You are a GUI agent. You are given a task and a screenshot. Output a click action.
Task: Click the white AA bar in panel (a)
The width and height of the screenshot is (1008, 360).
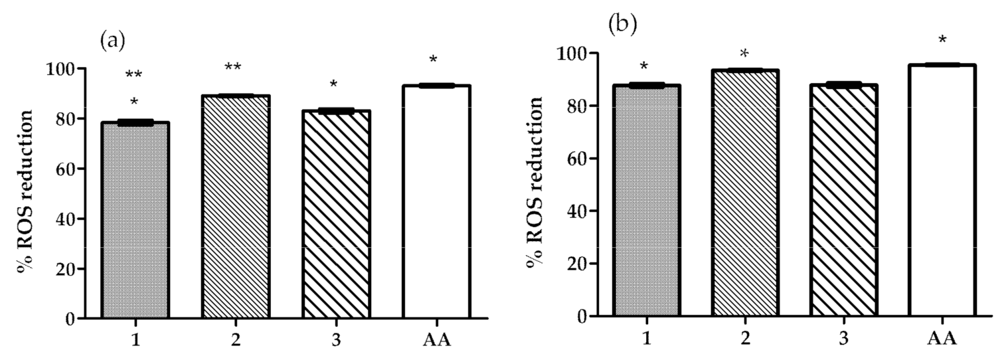(x=436, y=202)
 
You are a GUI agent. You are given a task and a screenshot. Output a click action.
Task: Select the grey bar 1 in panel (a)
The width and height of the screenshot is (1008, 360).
(x=135, y=220)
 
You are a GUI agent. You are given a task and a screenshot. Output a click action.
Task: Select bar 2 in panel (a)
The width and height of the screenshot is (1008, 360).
(x=235, y=207)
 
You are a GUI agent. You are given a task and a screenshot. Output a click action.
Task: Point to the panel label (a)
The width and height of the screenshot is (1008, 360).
(x=112, y=41)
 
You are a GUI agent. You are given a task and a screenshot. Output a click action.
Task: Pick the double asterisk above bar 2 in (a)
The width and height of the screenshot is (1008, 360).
(x=232, y=68)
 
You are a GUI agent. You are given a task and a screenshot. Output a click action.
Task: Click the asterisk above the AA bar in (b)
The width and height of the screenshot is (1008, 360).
(x=942, y=41)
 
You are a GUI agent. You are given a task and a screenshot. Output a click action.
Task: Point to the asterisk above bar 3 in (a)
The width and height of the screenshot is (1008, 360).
(x=333, y=85)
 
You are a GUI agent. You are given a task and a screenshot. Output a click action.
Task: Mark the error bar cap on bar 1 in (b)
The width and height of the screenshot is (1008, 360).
(x=647, y=85)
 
